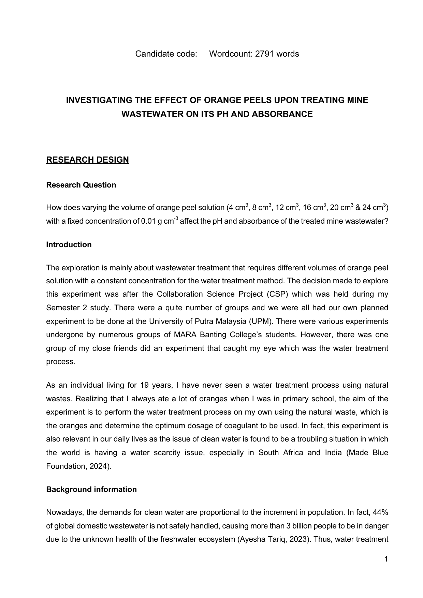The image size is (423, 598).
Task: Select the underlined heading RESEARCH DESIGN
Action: [x=87, y=160]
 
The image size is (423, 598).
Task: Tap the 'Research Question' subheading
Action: [x=81, y=185]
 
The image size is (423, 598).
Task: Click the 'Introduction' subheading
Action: [x=69, y=245]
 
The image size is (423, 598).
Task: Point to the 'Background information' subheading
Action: [x=91, y=490]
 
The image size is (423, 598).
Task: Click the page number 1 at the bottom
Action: [x=386, y=559]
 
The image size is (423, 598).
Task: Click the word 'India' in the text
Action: [x=332, y=453]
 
